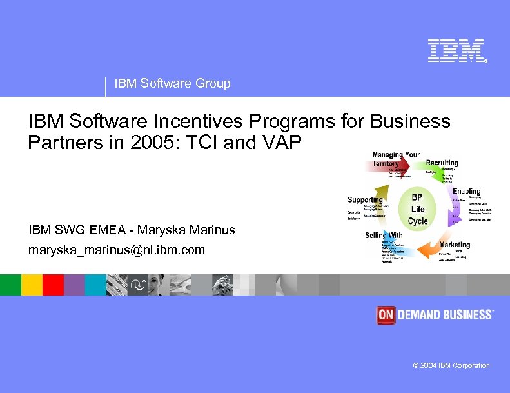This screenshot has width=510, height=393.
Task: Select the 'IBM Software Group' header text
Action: click(172, 83)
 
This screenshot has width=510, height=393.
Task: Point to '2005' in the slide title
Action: click(161, 142)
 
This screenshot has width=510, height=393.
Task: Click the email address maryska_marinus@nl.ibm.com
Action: click(117, 249)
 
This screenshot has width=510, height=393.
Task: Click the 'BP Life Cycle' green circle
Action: click(418, 208)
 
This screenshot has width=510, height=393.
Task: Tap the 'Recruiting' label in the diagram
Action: click(442, 163)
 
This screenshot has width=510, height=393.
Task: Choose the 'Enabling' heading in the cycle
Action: click(466, 191)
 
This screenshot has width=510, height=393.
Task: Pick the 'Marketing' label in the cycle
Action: click(455, 245)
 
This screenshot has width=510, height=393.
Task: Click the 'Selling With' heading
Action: click(384, 235)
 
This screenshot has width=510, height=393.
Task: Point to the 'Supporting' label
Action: click(365, 199)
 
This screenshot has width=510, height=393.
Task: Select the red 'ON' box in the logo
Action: click(386, 314)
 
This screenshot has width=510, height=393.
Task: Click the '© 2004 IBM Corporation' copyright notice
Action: click(451, 365)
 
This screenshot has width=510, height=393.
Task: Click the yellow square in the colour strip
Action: click(32, 285)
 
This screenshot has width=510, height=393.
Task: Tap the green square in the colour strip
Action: click(10, 285)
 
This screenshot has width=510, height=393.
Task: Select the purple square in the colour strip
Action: click(74, 285)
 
